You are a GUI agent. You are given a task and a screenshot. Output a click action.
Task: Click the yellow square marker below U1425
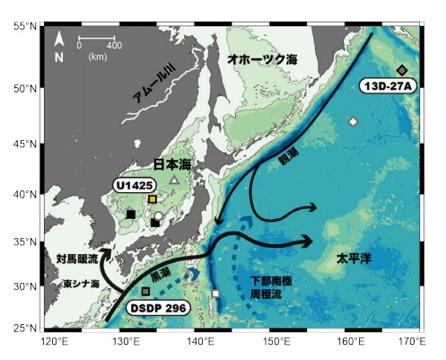point(153,199)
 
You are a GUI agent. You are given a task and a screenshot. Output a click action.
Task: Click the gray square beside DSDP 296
point(145,292)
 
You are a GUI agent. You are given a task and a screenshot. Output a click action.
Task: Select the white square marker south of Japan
point(215,294)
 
